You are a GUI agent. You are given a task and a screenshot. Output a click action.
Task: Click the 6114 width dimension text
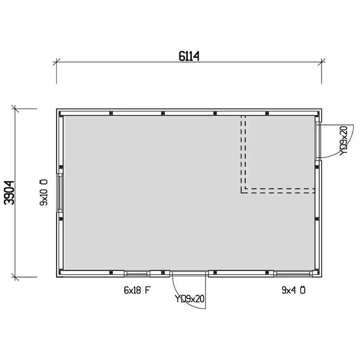click(x=189, y=56)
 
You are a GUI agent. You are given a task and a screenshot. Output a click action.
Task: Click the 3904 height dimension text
click(x=10, y=193)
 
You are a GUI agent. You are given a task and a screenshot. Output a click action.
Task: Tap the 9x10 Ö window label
click(x=43, y=193)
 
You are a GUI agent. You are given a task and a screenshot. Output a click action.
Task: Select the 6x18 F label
click(x=137, y=290)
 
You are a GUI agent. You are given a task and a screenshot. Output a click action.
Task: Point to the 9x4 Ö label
click(x=293, y=290)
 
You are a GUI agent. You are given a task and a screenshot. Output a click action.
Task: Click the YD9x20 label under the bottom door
click(x=190, y=299)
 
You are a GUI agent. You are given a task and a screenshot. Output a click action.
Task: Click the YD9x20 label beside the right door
click(x=343, y=141)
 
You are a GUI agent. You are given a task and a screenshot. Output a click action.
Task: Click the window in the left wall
click(x=60, y=193)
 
